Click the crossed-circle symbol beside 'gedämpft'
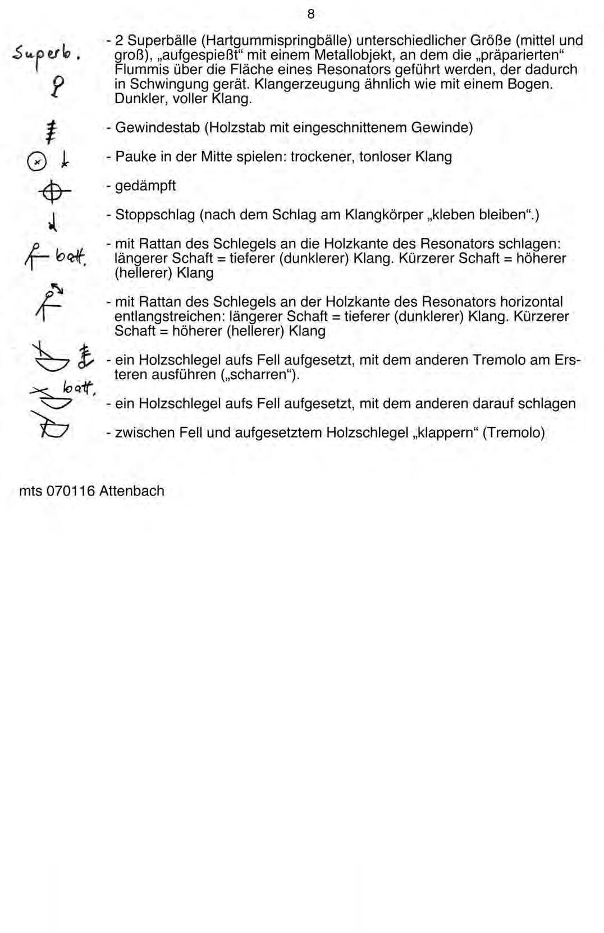[55, 193]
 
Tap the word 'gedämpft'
[145, 186]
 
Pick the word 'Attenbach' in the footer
[132, 491]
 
